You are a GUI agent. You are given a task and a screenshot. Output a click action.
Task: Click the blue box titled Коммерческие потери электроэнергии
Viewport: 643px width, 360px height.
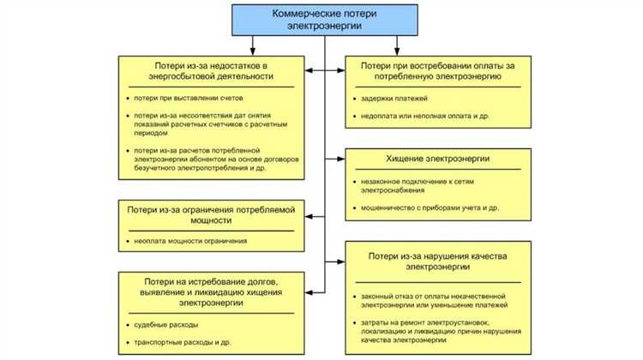pos(324,20)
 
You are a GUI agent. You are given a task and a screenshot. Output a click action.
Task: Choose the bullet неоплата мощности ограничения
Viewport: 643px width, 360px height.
pos(189,241)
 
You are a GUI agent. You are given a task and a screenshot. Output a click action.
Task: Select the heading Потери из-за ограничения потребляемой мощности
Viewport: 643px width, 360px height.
pos(211,214)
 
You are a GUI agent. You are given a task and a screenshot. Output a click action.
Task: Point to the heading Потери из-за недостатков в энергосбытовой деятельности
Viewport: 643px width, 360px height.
pos(211,70)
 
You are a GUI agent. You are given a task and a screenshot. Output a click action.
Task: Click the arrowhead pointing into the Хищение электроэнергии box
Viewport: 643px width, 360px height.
pos(340,159)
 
